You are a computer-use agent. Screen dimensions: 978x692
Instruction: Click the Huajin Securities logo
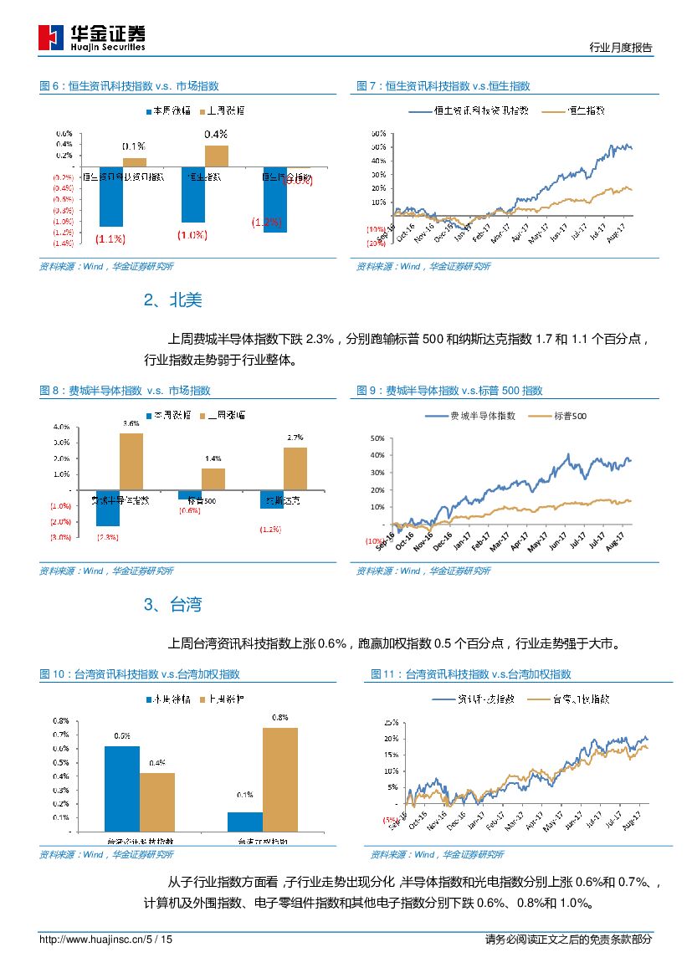pyautogui.click(x=92, y=38)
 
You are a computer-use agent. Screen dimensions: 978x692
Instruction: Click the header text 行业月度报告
pyautogui.click(x=620, y=48)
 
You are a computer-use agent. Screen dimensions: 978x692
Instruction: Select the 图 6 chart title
pyautogui.click(x=130, y=86)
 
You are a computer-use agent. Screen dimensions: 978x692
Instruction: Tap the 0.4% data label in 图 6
pyautogui.click(x=216, y=134)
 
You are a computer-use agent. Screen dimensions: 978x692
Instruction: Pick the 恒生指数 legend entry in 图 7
pyautogui.click(x=575, y=110)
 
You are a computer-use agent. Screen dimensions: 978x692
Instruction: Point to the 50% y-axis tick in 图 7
pyautogui.click(x=378, y=134)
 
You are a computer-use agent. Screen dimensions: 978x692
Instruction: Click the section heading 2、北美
pyautogui.click(x=172, y=300)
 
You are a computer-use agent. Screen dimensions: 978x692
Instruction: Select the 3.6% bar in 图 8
pyautogui.click(x=131, y=461)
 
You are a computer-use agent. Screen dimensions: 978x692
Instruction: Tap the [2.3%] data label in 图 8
pyautogui.click(x=108, y=536)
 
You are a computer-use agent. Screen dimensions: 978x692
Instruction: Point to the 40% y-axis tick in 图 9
pyautogui.click(x=377, y=455)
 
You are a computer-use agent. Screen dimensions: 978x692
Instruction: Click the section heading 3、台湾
pyautogui.click(x=172, y=605)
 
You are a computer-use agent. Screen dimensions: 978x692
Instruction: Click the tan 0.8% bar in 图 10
pyautogui.click(x=280, y=780)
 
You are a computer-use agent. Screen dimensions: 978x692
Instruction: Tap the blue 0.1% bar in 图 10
pyautogui.click(x=245, y=821)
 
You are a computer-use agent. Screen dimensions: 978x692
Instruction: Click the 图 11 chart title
pyautogui.click(x=471, y=674)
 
